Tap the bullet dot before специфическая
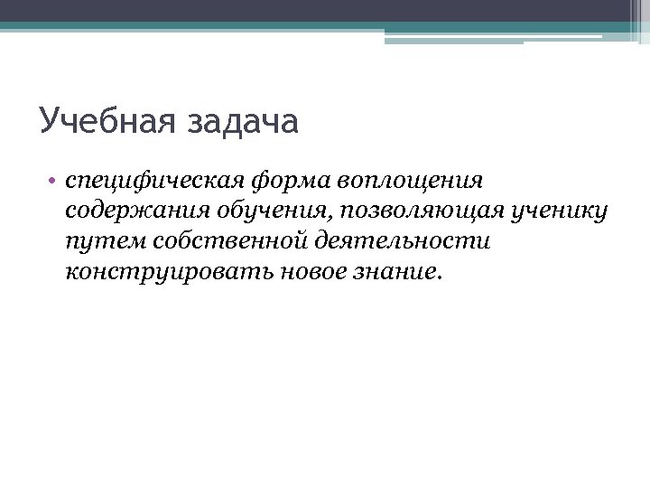pos(54,181)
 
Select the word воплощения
pos(411,182)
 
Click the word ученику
pos(561,211)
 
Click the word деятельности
pos(403,240)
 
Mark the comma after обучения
pos(334,217)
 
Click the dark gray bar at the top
pos(325,10)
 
